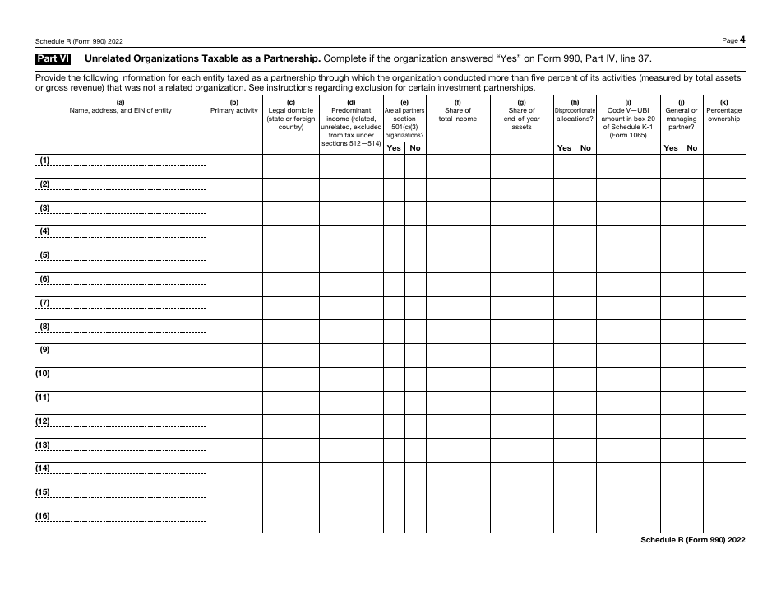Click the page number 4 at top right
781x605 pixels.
pyautogui.click(x=742, y=40)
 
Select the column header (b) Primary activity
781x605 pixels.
pyautogui.click(x=234, y=106)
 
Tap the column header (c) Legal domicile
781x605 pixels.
pyautogui.click(x=291, y=114)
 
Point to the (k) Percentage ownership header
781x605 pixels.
pyautogui.click(x=723, y=110)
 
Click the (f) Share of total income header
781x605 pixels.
pyautogui.click(x=458, y=110)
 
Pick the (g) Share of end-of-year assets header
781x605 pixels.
pyautogui.click(x=521, y=114)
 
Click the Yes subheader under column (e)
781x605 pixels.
pyautogui.click(x=394, y=148)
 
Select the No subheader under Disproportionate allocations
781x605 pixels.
pyautogui.click(x=585, y=148)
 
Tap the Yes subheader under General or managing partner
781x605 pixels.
pyautogui.click(x=672, y=148)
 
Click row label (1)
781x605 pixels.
pyautogui.click(x=45, y=160)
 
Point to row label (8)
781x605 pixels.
pyautogui.click(x=45, y=327)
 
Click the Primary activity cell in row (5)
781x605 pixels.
pyautogui.click(x=234, y=261)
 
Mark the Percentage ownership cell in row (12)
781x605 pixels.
pyautogui.click(x=723, y=427)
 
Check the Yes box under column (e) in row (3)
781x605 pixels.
pyautogui.click(x=394, y=213)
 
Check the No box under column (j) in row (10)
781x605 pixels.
pyautogui.click(x=692, y=379)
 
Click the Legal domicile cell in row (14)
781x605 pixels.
pyautogui.click(x=291, y=475)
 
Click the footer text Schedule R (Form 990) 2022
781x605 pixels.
pyautogui.click(x=693, y=540)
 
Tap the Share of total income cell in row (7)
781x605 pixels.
pyautogui.click(x=458, y=308)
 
